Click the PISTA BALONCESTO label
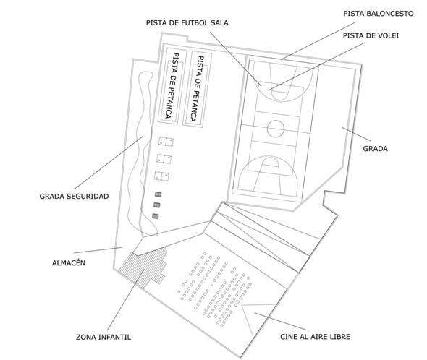click(x=379, y=14)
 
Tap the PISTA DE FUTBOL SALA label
click(x=187, y=23)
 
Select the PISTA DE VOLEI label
click(x=371, y=35)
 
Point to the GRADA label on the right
click(x=376, y=149)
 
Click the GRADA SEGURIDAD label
click(x=74, y=196)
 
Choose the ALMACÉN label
click(x=69, y=262)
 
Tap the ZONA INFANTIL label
click(x=103, y=337)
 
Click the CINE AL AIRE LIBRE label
click(x=315, y=337)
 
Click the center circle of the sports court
click(x=276, y=129)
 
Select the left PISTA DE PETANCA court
click(x=173, y=87)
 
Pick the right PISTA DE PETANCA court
click(x=197, y=89)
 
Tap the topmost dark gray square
click(x=158, y=194)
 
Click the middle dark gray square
click(x=156, y=205)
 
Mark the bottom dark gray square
click(x=155, y=216)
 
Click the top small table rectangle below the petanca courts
click(x=166, y=142)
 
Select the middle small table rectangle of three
click(x=164, y=159)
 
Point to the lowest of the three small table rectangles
click(x=161, y=176)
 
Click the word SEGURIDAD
click(x=90, y=196)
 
